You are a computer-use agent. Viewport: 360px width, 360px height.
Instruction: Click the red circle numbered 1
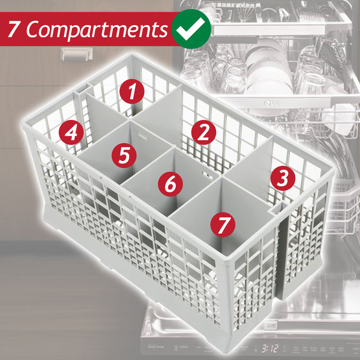tap(133, 93)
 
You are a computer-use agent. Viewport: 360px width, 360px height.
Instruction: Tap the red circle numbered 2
tap(204, 133)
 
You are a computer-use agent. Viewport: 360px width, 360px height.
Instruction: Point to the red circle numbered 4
tap(71, 133)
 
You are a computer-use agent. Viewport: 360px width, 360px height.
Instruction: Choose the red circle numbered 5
tap(124, 155)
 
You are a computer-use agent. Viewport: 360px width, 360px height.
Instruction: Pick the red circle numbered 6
tap(170, 183)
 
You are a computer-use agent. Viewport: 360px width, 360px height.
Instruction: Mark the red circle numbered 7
tap(223, 224)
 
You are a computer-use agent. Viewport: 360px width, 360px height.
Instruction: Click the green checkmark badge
tap(191, 29)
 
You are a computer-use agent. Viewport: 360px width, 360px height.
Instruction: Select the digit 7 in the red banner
tap(14, 30)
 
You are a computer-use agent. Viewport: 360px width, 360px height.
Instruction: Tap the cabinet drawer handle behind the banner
tap(76, 53)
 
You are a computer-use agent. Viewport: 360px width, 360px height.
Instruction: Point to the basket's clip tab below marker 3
tap(278, 209)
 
